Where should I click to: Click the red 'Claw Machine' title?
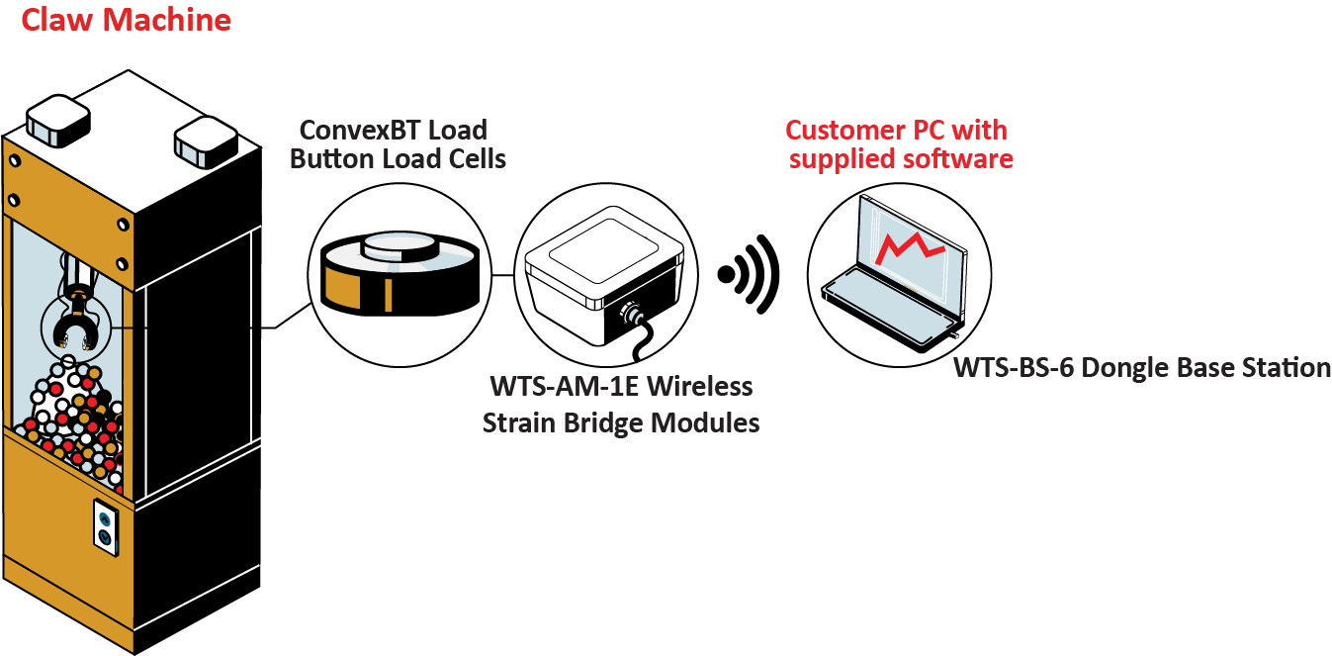pyautogui.click(x=126, y=19)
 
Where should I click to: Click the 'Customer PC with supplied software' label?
pyautogui.click(x=898, y=143)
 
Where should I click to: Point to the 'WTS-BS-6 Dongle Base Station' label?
pyautogui.click(x=1142, y=367)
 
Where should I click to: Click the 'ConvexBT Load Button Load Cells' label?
pyautogui.click(x=396, y=143)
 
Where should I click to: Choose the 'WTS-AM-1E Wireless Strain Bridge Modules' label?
pyautogui.click(x=621, y=404)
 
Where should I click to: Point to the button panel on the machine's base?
pyautogui.click(x=104, y=525)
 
